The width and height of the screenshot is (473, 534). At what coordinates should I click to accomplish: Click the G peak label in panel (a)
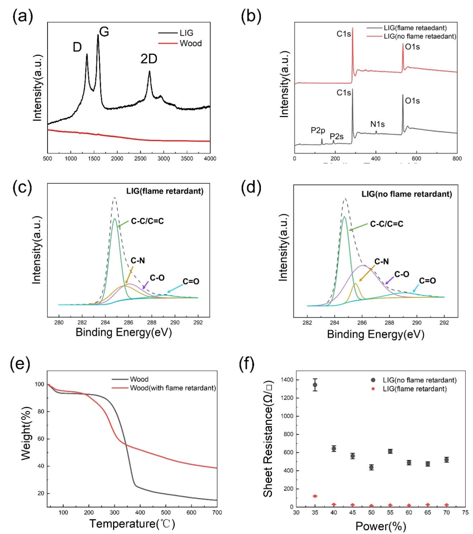click(x=104, y=32)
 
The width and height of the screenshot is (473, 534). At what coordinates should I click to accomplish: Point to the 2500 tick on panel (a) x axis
click(x=140, y=159)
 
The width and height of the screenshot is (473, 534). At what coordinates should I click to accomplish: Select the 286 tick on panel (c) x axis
click(x=128, y=322)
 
